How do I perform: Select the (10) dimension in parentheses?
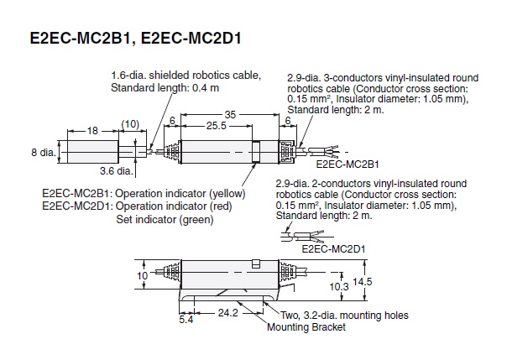[x=130, y=125]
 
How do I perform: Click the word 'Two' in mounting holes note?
[x=292, y=316]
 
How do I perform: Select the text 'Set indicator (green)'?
[x=165, y=219]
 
